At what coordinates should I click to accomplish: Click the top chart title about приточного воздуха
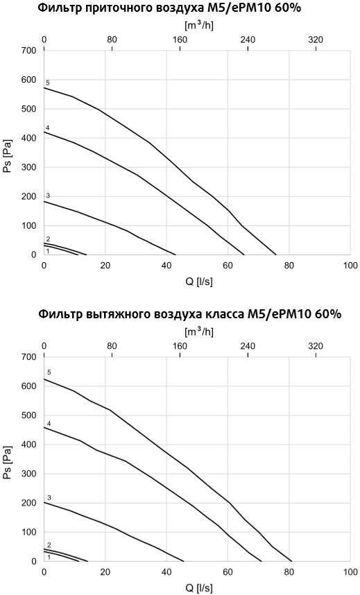[179, 8]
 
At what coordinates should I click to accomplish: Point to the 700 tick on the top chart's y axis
[28, 51]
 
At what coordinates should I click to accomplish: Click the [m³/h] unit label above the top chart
[198, 26]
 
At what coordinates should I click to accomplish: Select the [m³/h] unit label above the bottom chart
[198, 332]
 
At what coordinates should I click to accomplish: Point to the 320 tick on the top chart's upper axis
[316, 40]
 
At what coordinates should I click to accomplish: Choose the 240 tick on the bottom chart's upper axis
[248, 346]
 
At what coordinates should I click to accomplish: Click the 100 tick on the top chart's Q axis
[350, 265]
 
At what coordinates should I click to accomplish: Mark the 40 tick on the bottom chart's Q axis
[166, 571]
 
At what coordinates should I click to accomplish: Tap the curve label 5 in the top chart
[48, 83]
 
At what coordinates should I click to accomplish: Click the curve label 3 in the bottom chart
[49, 498]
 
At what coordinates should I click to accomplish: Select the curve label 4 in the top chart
[48, 128]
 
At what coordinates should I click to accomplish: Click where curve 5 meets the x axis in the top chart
[276, 255]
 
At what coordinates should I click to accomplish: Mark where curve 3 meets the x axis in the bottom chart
[184, 561]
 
